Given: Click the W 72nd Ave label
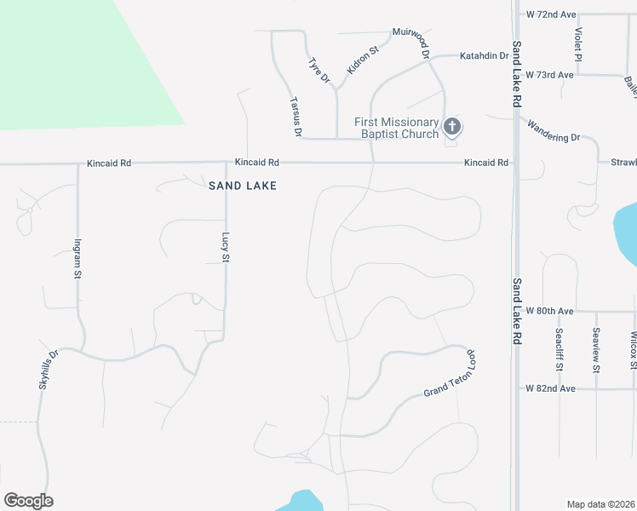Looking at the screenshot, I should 551,14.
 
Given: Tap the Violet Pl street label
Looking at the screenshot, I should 578,44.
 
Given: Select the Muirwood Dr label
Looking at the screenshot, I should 410,40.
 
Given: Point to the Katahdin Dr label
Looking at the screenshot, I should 484,56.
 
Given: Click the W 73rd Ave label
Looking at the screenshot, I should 550,75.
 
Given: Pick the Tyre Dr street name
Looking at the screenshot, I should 318,71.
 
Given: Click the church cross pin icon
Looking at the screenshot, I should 451,128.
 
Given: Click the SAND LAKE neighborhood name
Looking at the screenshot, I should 243,185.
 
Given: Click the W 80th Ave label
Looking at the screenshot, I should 550,311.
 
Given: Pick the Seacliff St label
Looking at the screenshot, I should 560,349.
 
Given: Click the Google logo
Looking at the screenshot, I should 28,501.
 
